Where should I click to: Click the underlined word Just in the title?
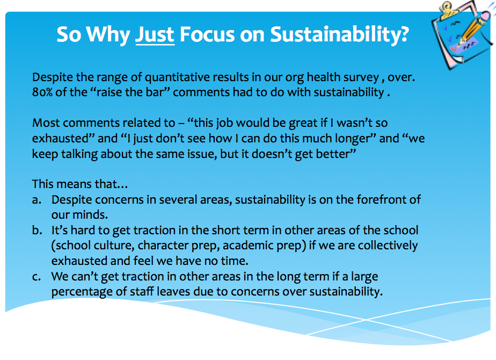coord(155,34)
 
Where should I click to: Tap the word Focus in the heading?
coord(207,34)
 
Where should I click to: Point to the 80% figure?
coord(42,92)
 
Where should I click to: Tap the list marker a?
coord(37,200)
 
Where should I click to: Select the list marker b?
coord(37,230)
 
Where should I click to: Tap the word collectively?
coord(388,246)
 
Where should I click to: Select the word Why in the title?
coord(107,35)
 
